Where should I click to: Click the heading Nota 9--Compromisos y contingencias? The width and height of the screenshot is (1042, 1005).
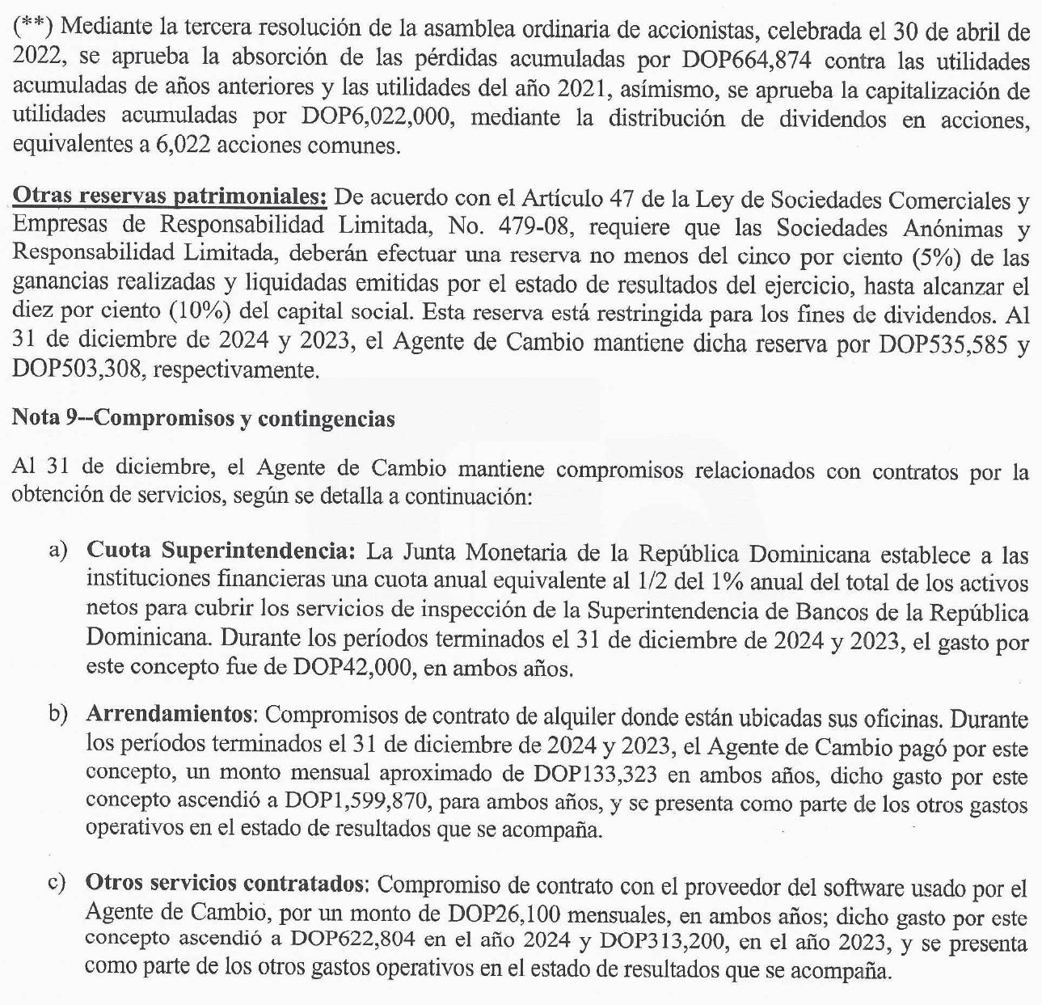click(x=203, y=419)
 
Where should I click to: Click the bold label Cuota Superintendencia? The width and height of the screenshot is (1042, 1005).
click(x=221, y=553)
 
